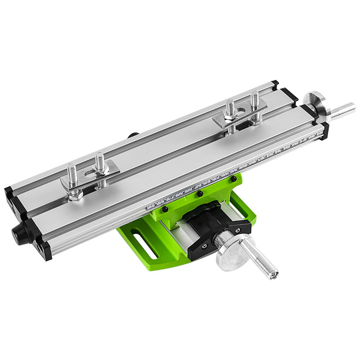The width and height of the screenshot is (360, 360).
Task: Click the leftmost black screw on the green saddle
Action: pyautogui.click(x=165, y=210)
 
